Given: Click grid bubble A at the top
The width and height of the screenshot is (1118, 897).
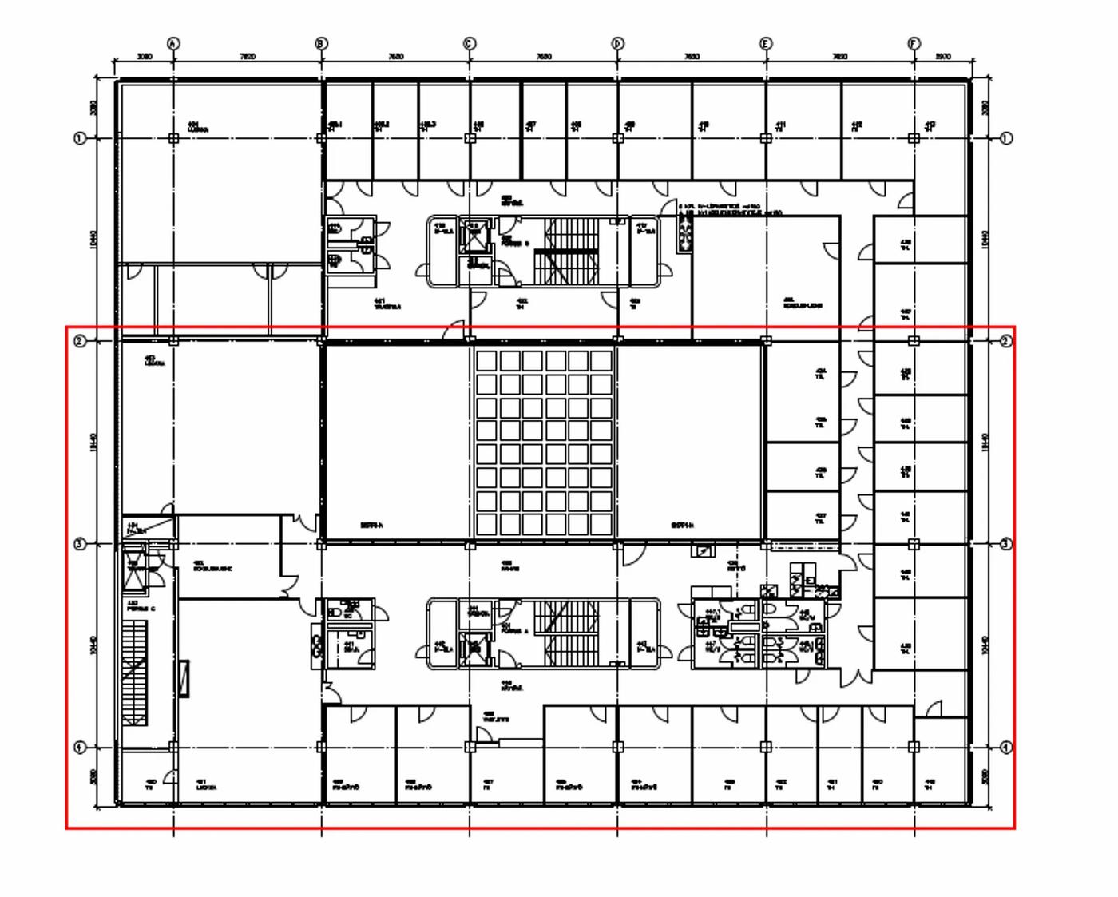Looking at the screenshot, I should click(x=173, y=43).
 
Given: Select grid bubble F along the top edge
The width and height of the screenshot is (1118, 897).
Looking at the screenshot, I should click(x=914, y=43).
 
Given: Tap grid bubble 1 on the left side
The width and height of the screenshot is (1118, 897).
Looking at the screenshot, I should click(x=80, y=138).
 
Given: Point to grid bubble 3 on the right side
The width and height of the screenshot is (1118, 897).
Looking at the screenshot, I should click(x=1006, y=544).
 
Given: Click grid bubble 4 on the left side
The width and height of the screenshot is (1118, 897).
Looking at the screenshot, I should click(x=80, y=748).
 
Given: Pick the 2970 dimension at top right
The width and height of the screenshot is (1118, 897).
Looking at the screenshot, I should click(x=943, y=57).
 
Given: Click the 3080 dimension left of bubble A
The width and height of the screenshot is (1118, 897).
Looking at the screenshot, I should click(x=144, y=57).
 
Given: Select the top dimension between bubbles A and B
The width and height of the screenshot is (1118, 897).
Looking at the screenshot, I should click(x=248, y=57).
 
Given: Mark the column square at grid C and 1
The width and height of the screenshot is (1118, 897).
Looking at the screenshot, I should click(x=470, y=138).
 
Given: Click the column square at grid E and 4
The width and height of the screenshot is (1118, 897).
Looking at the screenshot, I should click(x=766, y=747).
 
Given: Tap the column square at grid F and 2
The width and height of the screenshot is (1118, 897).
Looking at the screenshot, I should click(x=914, y=341).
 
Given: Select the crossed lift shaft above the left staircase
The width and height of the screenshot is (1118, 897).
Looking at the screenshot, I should click(x=135, y=566).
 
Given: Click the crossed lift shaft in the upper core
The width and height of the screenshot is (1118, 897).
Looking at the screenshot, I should click(x=477, y=237).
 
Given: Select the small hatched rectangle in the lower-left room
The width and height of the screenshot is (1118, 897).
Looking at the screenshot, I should click(x=184, y=679).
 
